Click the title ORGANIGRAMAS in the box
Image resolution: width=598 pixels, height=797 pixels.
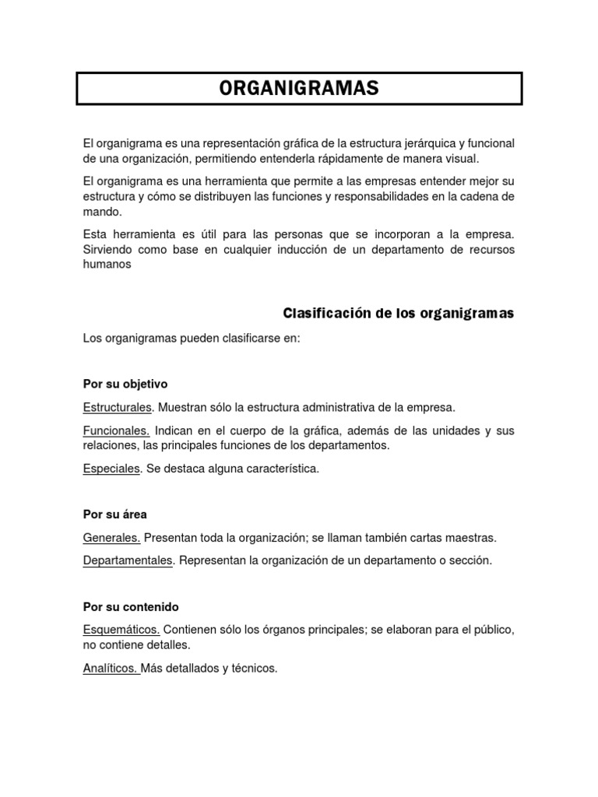point(299,89)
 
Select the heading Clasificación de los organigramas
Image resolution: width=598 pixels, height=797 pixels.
point(398,314)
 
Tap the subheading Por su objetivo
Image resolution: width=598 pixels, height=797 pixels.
point(125,384)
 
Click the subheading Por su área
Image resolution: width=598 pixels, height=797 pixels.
point(115,514)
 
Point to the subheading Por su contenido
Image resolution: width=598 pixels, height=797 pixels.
point(131,606)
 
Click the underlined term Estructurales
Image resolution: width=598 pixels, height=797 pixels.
point(118,407)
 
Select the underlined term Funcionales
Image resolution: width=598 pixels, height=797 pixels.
point(116,430)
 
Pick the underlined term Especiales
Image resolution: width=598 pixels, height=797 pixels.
point(111,469)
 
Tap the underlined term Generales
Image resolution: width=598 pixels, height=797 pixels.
point(111,538)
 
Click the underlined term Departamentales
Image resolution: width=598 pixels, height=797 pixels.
point(128,560)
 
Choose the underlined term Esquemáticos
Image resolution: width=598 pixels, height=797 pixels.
point(121,630)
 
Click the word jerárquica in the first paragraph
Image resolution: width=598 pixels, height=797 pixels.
point(428,143)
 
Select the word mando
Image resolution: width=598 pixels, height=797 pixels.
point(101,211)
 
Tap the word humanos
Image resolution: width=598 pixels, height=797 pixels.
point(107,264)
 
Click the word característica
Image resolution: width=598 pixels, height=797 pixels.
point(280,469)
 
